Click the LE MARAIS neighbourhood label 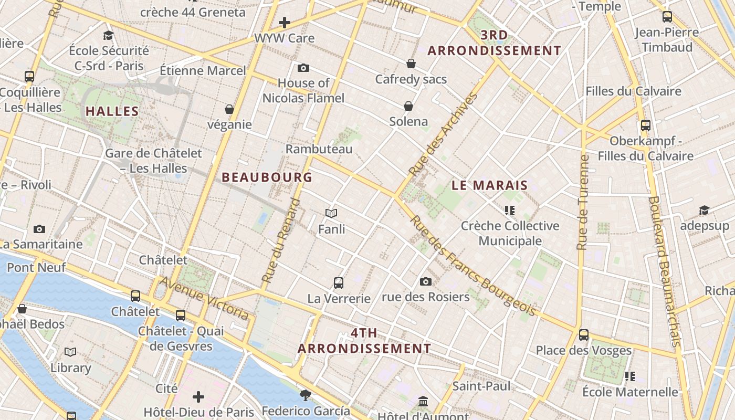[x=489, y=185]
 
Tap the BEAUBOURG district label [x=267, y=177]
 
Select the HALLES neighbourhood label [x=112, y=111]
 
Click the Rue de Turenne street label [x=582, y=202]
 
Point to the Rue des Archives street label [x=444, y=134]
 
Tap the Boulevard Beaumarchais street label [x=664, y=271]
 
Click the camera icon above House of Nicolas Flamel [x=303, y=68]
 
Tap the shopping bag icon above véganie [x=229, y=109]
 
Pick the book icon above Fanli [x=331, y=213]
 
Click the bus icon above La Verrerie [x=339, y=283]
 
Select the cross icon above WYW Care [x=284, y=23]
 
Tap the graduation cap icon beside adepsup [x=704, y=211]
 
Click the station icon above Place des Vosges [x=583, y=335]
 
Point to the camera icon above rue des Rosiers [x=426, y=281]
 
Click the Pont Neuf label [x=36, y=268]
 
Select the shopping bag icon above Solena [x=408, y=106]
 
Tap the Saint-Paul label [x=481, y=386]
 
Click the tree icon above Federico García [x=305, y=395]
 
